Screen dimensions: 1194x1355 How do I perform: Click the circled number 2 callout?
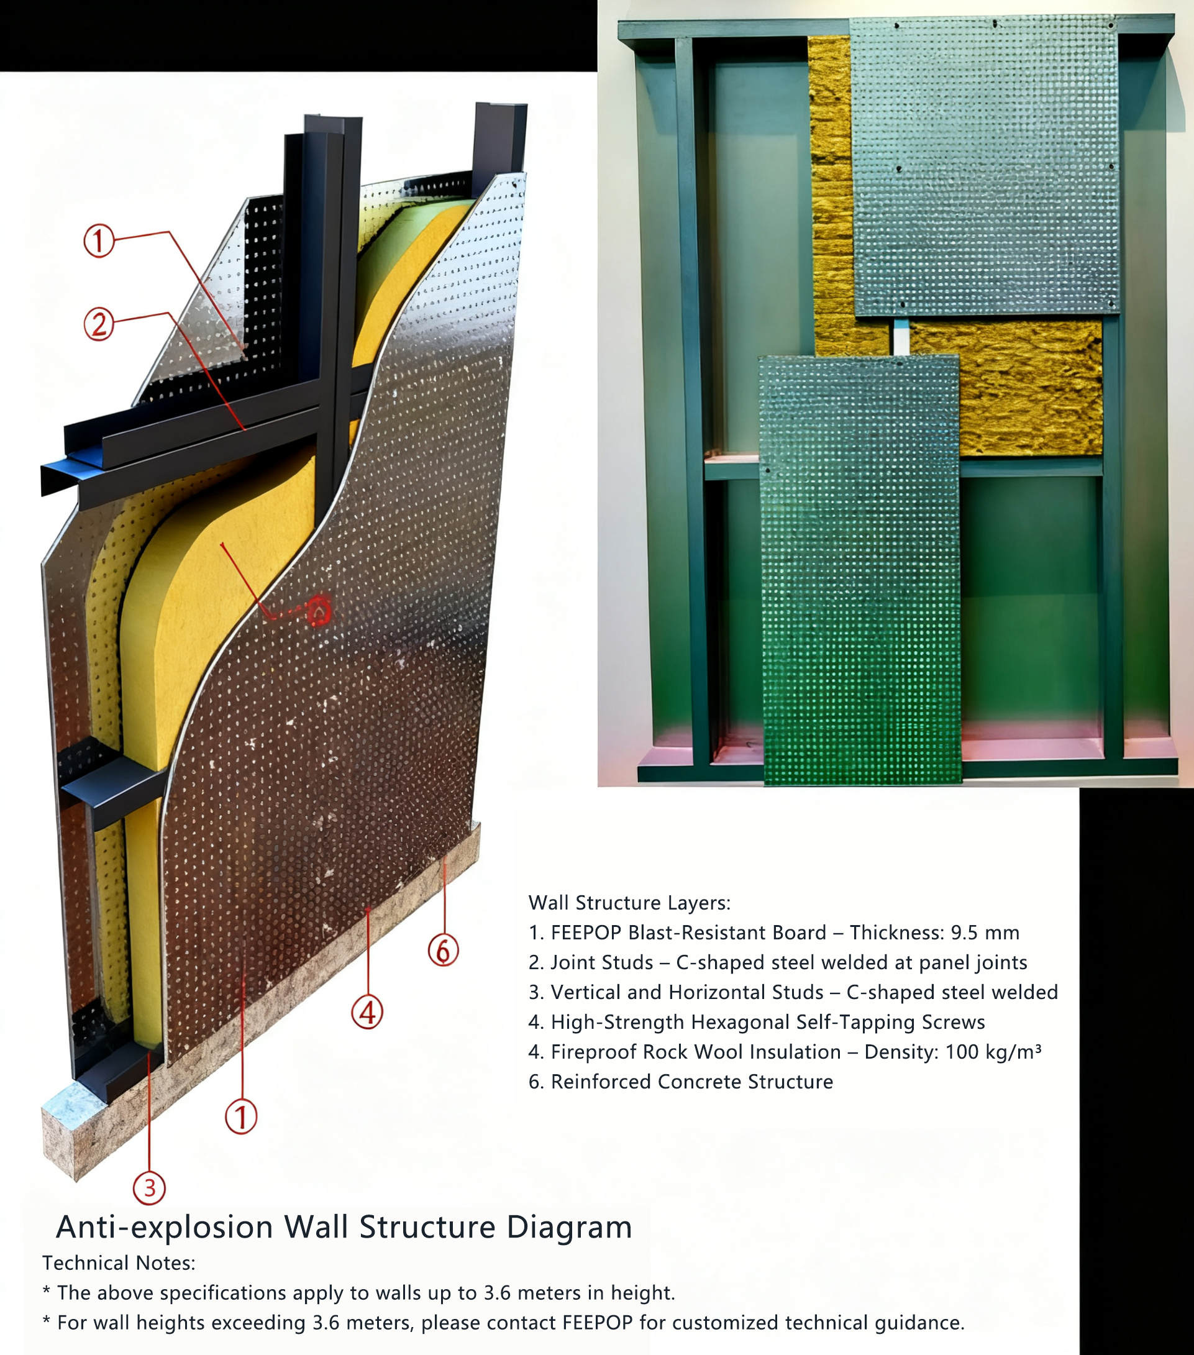coord(99,325)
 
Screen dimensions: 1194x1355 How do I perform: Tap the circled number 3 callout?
coord(149,1188)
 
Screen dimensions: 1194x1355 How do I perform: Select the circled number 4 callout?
coord(367,1012)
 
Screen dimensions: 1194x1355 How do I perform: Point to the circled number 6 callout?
coord(443,950)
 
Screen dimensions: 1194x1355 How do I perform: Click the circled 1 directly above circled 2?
coord(99,240)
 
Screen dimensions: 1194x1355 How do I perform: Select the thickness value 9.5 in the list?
coord(965,933)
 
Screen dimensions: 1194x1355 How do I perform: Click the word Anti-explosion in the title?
coord(165,1227)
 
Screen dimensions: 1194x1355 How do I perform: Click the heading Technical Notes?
coord(119,1264)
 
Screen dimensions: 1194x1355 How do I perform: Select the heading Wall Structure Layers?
coord(629,903)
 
